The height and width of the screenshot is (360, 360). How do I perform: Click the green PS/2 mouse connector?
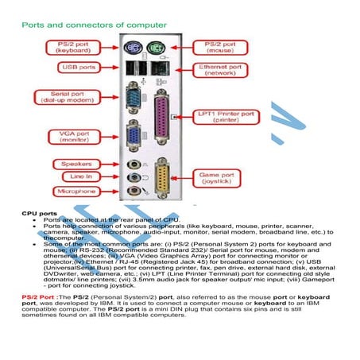(157, 47)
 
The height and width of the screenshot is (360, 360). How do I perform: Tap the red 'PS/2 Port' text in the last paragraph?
(37, 296)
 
